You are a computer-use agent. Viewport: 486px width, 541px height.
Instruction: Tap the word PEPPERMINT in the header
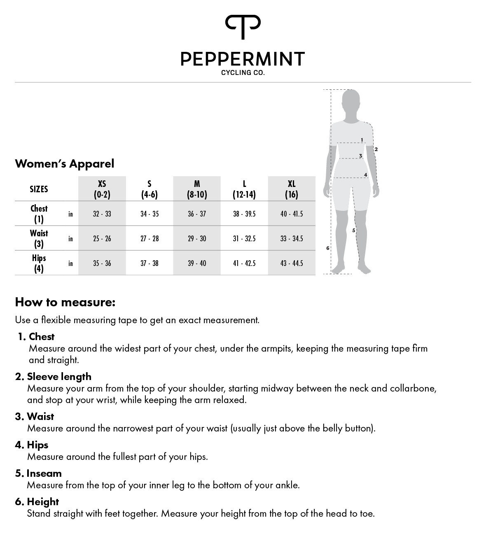[243, 59]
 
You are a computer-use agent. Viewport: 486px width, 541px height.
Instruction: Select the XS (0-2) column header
[102, 189]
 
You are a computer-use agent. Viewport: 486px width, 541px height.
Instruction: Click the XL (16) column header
[291, 189]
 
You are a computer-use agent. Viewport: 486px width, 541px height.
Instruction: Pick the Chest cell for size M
[197, 214]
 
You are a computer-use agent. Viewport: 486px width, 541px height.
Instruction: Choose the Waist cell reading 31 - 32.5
[244, 238]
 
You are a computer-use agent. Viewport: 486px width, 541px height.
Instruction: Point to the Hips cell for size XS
[102, 263]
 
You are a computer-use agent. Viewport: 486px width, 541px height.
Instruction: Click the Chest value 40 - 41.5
[291, 214]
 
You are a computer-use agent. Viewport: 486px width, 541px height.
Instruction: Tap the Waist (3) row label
[39, 238]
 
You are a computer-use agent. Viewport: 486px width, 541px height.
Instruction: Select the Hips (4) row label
[39, 263]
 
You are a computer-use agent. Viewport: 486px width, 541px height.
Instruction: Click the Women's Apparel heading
[65, 163]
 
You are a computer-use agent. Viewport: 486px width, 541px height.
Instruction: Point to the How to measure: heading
[65, 302]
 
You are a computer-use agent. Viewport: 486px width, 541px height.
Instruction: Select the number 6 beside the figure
[328, 248]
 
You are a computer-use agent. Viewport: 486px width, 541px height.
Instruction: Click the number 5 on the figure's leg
[353, 231]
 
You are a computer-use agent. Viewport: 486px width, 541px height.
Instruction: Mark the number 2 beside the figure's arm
[376, 149]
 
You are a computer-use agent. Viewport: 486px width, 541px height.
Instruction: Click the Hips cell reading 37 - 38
[149, 263]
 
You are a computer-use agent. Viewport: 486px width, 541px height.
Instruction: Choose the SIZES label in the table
[39, 189]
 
